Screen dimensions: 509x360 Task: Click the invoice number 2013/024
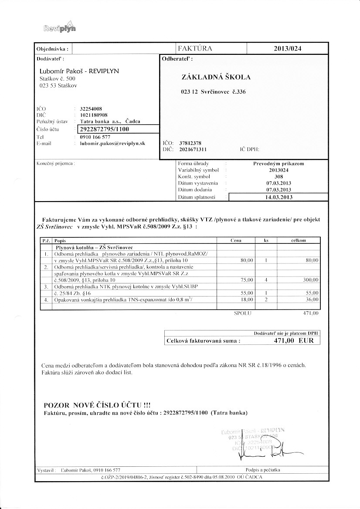tap(287, 49)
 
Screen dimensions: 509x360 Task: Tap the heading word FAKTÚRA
tap(195, 49)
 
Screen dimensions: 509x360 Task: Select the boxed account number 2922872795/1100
tap(104, 129)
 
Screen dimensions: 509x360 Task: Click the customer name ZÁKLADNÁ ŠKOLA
tap(216, 77)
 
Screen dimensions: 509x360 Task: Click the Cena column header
tap(236, 240)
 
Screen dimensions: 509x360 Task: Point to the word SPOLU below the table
tap(241, 313)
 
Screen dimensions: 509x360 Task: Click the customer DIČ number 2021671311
tap(193, 149)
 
